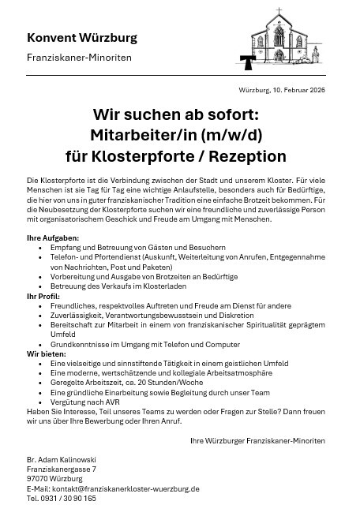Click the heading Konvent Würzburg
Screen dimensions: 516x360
[x=81, y=38]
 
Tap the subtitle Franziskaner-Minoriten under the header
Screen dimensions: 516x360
[x=79, y=58]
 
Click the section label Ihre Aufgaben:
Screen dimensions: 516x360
[x=53, y=237]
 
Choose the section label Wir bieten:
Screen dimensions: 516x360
[x=46, y=353]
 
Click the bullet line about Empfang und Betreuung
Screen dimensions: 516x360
[x=126, y=247]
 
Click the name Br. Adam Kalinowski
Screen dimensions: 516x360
[x=62, y=458]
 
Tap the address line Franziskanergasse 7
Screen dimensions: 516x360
[x=61, y=469]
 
